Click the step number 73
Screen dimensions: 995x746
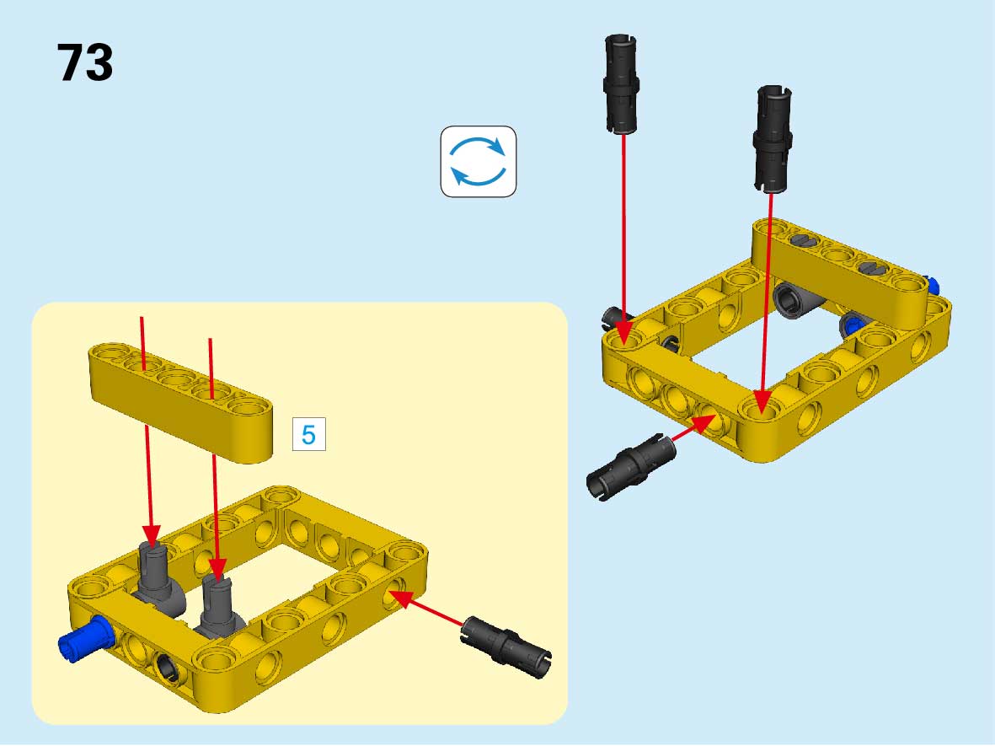click(x=85, y=62)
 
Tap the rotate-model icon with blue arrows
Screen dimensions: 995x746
click(x=479, y=161)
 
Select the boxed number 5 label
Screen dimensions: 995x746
click(x=309, y=434)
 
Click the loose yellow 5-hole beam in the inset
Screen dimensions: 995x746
click(x=181, y=401)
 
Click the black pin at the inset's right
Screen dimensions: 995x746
click(x=506, y=647)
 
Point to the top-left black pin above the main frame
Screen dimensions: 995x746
click(x=621, y=83)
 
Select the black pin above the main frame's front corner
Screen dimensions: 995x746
click(x=773, y=139)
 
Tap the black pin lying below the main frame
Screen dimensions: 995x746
click(x=631, y=467)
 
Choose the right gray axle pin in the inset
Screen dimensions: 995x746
click(x=219, y=606)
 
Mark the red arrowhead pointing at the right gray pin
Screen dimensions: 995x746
click(x=217, y=569)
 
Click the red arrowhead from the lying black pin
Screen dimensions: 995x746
click(x=704, y=423)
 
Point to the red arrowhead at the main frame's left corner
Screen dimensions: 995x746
click(x=623, y=333)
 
